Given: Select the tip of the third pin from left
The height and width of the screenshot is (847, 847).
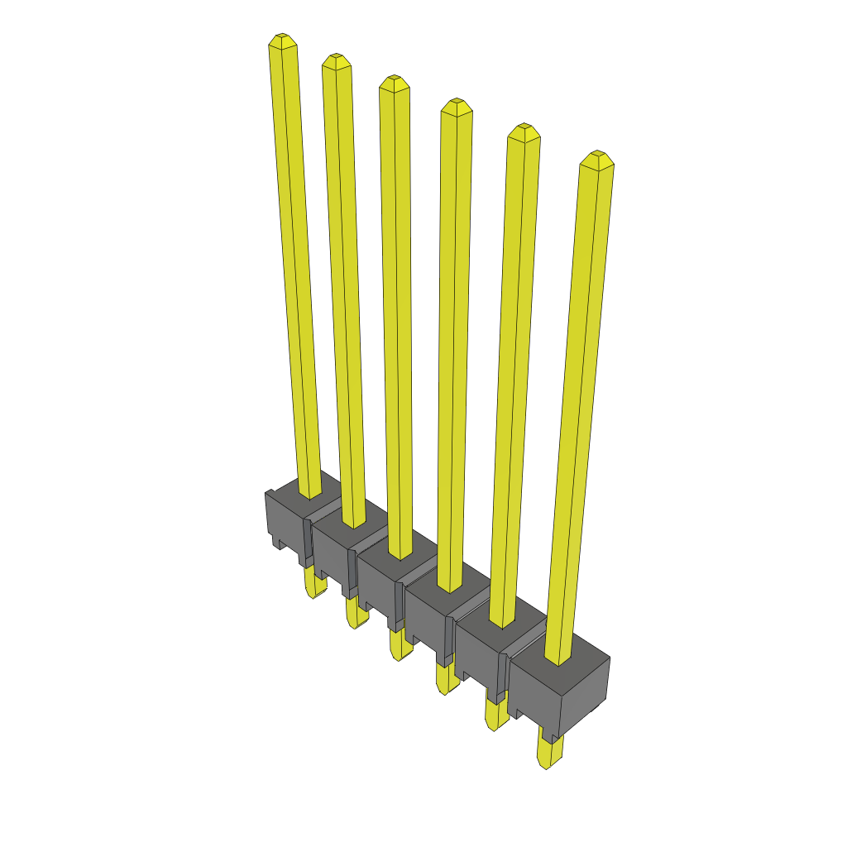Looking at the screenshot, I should click(x=394, y=82).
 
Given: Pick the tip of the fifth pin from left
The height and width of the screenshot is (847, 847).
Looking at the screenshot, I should click(x=523, y=131).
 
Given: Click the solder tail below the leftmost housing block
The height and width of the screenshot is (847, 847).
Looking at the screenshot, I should click(x=313, y=586).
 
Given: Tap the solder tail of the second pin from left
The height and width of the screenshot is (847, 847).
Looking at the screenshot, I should click(x=356, y=614).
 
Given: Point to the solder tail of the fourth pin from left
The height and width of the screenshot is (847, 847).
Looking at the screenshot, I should click(x=447, y=679).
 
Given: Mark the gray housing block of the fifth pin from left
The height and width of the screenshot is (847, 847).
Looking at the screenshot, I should click(x=480, y=653).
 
